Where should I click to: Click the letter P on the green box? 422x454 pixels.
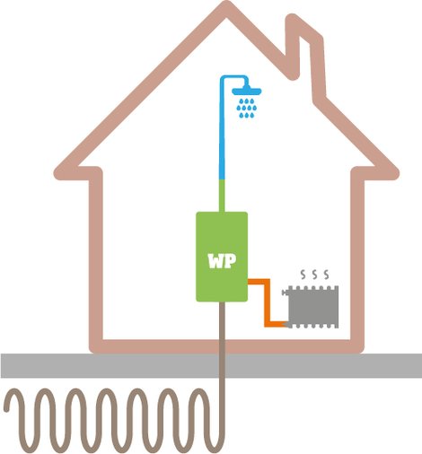pos(231,261)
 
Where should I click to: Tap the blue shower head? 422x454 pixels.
pos(247,90)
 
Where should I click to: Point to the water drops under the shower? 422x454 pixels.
pos(247,108)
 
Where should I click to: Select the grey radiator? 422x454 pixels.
pos(312,307)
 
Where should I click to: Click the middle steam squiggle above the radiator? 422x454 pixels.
pos(314,275)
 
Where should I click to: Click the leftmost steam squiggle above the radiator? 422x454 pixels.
pos(303,275)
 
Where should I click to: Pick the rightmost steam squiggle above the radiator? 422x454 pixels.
pos(326,275)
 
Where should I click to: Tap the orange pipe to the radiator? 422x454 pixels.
pos(268,302)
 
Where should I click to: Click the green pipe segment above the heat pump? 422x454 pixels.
pos(222,196)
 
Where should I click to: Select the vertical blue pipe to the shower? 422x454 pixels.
pos(222,128)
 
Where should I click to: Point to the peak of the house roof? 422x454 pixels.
pos(226,6)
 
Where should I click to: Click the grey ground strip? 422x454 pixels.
pos(211,365)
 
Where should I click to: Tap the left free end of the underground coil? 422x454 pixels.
pos(7,408)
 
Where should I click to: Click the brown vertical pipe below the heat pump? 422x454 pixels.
pos(222,374)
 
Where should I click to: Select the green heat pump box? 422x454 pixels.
pos(222,257)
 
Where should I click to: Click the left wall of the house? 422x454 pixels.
pos(96,258)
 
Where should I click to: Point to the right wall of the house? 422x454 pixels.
pos(357,258)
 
